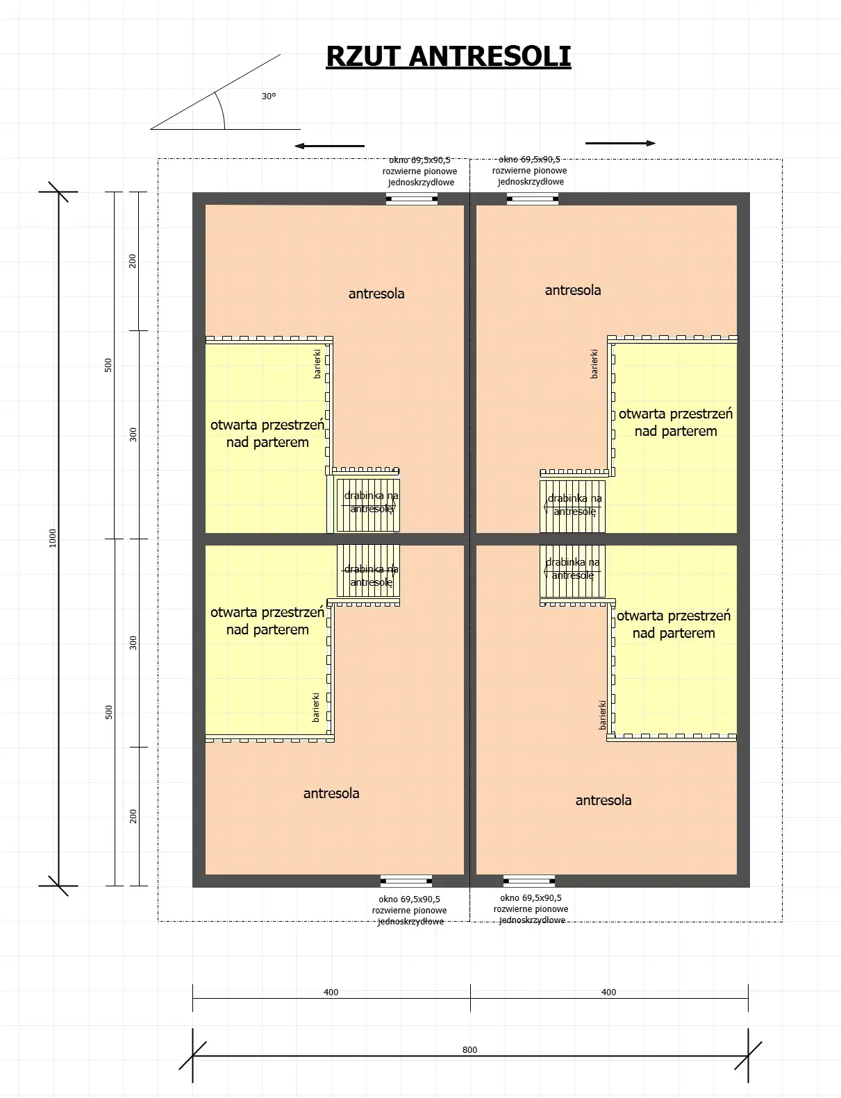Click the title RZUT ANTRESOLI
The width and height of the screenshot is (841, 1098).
[x=448, y=56]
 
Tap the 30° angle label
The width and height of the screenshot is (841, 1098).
[x=269, y=96]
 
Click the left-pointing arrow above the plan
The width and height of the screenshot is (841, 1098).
[x=329, y=146]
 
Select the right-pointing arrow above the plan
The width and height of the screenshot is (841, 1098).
[x=620, y=144]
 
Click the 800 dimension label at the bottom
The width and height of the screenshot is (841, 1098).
[x=469, y=1049]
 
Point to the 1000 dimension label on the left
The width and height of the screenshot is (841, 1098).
[x=53, y=538]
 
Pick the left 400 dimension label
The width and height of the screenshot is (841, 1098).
[x=331, y=992]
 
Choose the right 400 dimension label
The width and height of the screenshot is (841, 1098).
[x=608, y=992]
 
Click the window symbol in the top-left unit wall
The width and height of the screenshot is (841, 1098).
[x=412, y=199]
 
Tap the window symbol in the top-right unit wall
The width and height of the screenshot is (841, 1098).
[x=532, y=199]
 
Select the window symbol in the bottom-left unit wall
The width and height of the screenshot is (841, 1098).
[x=406, y=881]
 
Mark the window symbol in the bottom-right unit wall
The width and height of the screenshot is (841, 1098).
[x=529, y=881]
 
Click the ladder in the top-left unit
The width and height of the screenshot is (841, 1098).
[x=368, y=506]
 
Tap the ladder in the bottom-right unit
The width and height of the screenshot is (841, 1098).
[x=572, y=571]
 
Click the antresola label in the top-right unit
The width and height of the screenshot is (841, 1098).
[x=573, y=290]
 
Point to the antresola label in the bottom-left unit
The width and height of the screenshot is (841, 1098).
[x=331, y=793]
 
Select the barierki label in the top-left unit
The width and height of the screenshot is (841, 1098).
[x=317, y=364]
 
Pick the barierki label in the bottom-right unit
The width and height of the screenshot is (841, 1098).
[x=603, y=714]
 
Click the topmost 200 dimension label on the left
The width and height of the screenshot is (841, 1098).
[x=133, y=261]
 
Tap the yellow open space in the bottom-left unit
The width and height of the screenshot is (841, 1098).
[x=267, y=666]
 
